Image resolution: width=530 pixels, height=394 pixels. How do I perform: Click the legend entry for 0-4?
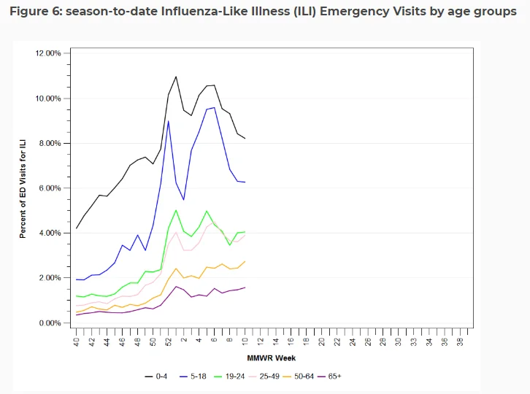pos(155,376)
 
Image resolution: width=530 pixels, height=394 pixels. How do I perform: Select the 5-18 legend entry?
pos(193,376)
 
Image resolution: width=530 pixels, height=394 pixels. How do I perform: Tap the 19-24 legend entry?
pos(229,376)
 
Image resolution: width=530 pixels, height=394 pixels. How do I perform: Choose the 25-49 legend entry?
pos(264,376)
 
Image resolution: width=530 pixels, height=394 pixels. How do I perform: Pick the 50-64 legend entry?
pos(299,376)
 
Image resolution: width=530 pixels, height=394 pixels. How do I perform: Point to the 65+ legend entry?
pos(329,376)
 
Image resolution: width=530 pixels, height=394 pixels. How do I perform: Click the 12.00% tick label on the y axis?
pos(48,53)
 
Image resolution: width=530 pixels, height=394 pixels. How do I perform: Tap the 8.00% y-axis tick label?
pos(50,143)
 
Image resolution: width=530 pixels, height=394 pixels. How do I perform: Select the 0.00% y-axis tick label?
pos(50,323)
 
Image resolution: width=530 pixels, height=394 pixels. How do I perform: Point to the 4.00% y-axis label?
pos(50,233)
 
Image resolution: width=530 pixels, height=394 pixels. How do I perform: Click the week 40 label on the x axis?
pos(77,341)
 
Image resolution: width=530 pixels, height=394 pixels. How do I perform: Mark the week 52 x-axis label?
pos(169,341)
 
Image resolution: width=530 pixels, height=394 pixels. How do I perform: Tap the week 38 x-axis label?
pos(460,341)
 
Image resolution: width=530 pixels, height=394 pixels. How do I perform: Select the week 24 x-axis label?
pos(353,341)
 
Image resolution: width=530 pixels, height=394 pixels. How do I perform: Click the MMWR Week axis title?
pos(272,358)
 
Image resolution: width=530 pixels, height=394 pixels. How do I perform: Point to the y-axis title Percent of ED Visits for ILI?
pos(23,189)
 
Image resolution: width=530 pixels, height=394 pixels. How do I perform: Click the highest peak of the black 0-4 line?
pos(176,77)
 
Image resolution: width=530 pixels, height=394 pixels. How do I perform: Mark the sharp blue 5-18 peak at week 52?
pos(169,121)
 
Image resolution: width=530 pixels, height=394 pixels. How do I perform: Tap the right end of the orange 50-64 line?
pos(245,261)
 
